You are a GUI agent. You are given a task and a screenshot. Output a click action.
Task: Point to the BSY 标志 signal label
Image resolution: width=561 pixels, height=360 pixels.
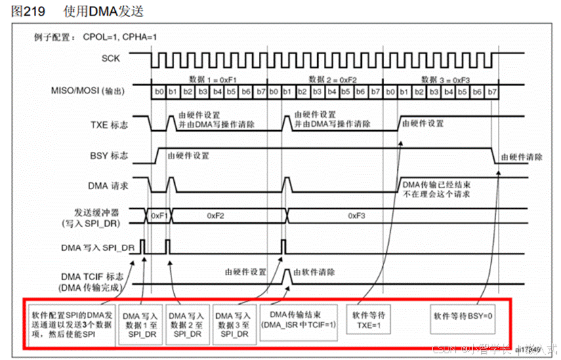(x=110, y=155)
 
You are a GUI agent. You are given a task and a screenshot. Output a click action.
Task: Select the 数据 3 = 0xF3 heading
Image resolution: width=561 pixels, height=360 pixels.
(x=442, y=79)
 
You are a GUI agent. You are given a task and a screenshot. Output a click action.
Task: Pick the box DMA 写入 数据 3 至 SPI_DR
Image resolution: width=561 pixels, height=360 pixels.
(x=232, y=324)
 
